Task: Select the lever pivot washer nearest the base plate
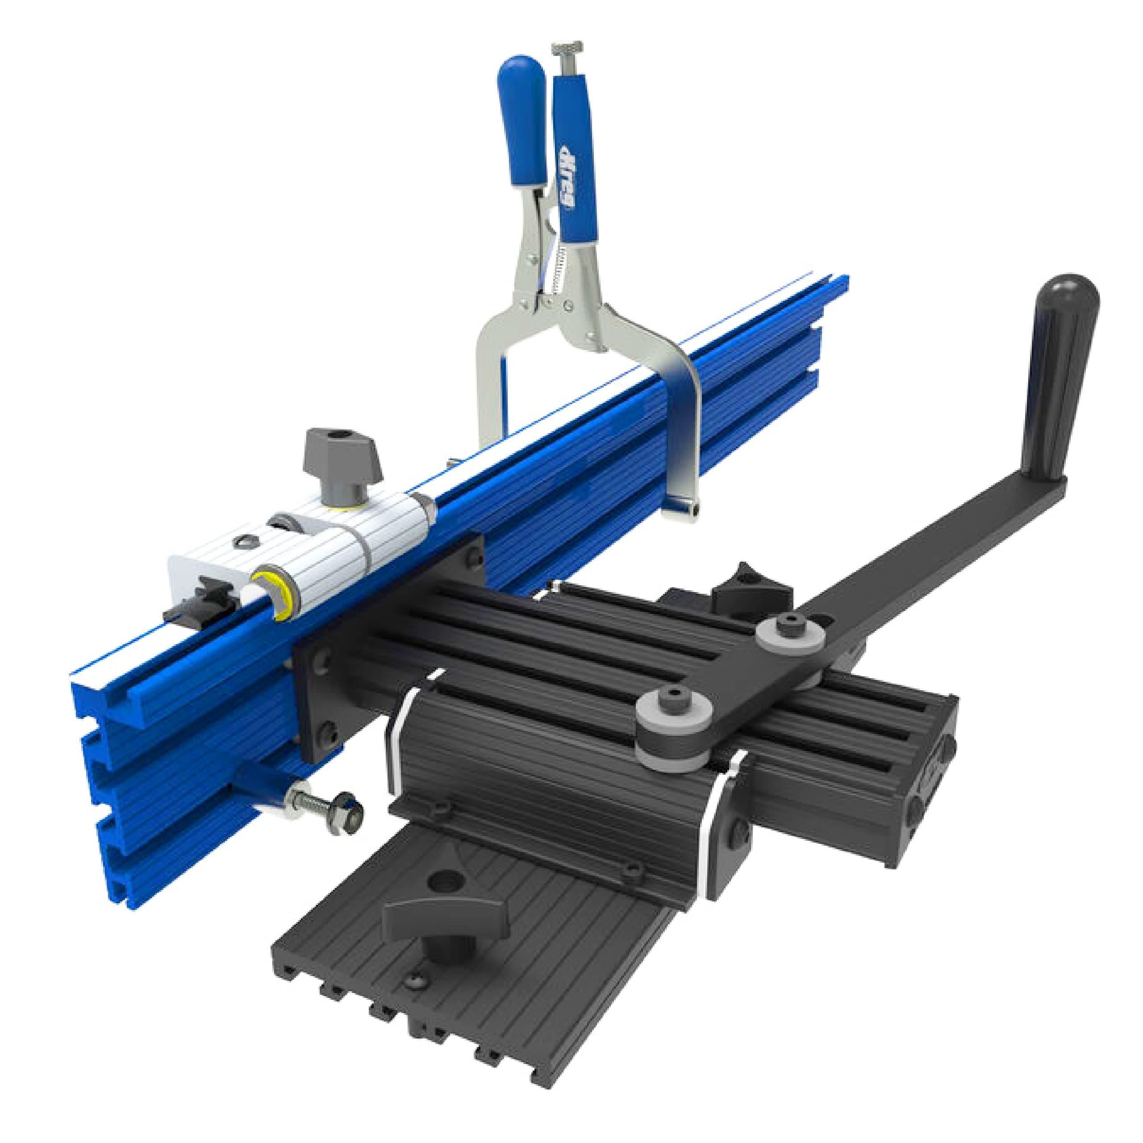coord(673,701)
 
